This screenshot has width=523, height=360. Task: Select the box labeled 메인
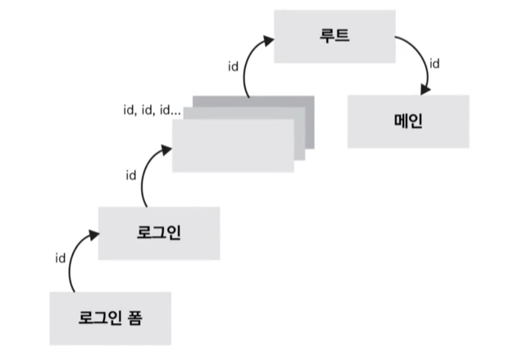[x=407, y=121]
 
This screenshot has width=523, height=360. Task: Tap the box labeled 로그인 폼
[x=110, y=317]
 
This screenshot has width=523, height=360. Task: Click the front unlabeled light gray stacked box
[x=232, y=146]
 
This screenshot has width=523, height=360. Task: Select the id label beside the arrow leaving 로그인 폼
[x=60, y=257]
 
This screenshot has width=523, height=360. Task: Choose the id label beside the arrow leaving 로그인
[x=130, y=175]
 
